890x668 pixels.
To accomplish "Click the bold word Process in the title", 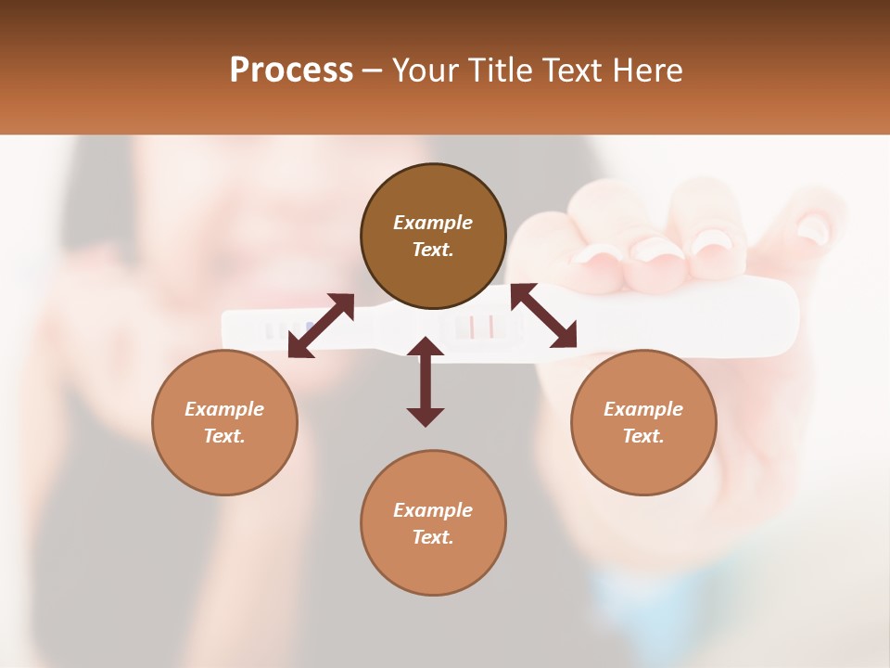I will [291, 71].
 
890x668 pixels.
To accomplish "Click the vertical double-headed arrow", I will [426, 382].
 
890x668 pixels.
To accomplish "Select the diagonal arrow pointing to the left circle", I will [321, 326].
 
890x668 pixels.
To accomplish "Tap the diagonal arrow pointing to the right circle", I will [544, 316].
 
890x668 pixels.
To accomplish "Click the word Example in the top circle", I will [433, 223].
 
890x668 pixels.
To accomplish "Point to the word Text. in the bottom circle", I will [433, 537].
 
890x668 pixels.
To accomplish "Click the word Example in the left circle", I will [224, 409].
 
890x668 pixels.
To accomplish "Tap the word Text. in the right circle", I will [643, 436].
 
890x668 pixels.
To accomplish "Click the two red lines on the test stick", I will [481, 327].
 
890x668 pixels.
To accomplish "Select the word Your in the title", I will [422, 71].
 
